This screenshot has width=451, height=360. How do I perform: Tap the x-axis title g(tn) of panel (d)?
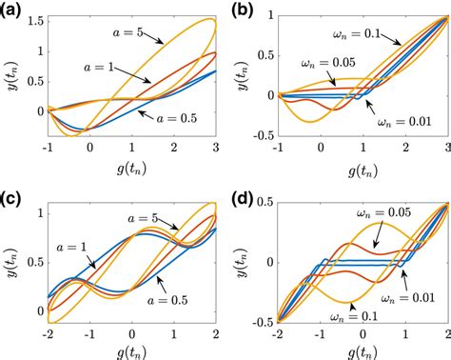point(360,350)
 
